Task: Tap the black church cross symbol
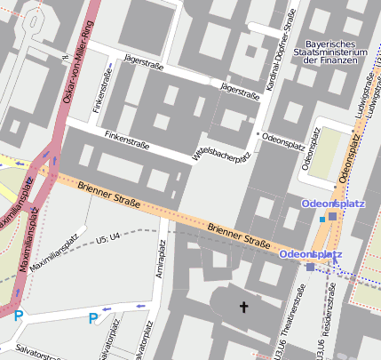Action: tap(244, 308)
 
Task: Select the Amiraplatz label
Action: tap(162, 260)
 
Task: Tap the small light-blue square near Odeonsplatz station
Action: tap(321, 220)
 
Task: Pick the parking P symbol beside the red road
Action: tap(18, 315)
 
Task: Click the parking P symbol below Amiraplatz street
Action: tap(93, 318)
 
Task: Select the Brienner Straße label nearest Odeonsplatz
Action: tap(238, 236)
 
